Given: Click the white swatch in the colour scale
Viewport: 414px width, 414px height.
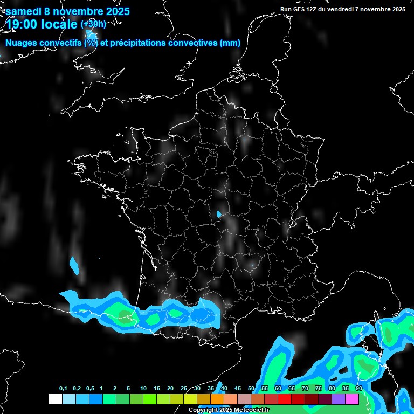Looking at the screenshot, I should pos(55,399).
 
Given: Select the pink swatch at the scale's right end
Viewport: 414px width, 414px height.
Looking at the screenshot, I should pos(352,399).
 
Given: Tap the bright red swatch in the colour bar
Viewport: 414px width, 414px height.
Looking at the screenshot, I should pos(285,399).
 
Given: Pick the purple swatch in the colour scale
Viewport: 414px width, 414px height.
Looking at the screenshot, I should pos(339,399).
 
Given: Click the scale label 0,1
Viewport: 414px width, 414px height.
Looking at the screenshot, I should pos(63,389).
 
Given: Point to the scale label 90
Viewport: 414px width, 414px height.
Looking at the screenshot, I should pos(358,389).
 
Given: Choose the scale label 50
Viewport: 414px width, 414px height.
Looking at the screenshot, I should pos(251,389).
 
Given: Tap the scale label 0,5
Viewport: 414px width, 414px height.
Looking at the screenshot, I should pos(90,389).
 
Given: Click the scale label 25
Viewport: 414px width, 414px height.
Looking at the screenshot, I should pos(184,389).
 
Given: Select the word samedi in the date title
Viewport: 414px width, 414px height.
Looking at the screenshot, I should pos(24,11).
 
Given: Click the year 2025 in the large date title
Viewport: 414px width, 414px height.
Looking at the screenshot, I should pos(114,11).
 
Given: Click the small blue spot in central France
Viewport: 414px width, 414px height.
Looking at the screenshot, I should pos(218,214).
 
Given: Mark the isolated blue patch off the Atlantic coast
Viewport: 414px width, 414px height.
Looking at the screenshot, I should pos(74,265).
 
